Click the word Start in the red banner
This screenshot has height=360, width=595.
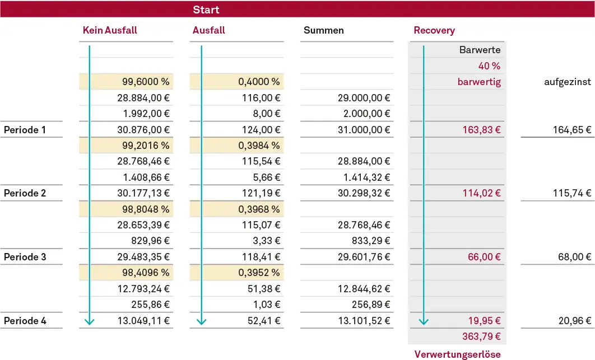(x=206, y=10)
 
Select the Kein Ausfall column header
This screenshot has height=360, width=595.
(x=110, y=30)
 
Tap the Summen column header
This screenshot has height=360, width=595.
(x=323, y=30)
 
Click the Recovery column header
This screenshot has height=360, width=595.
(x=434, y=30)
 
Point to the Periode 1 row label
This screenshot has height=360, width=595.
(x=25, y=130)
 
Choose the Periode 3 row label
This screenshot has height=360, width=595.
(x=25, y=257)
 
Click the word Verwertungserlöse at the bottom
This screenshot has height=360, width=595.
(x=457, y=354)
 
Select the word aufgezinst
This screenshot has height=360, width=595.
(x=567, y=82)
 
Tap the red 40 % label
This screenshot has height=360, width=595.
(x=489, y=66)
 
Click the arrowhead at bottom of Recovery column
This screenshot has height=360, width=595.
(x=424, y=321)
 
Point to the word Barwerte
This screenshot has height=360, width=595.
(x=480, y=50)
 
